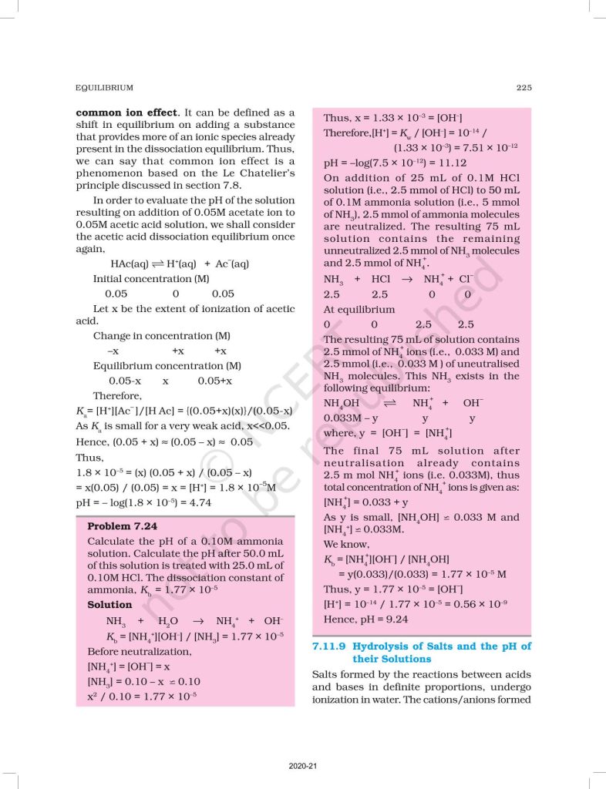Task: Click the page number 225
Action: point(524,87)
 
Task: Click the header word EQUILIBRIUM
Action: point(102,87)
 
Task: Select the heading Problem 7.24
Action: point(122,526)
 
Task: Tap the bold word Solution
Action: point(109,605)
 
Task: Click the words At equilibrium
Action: point(359,310)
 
